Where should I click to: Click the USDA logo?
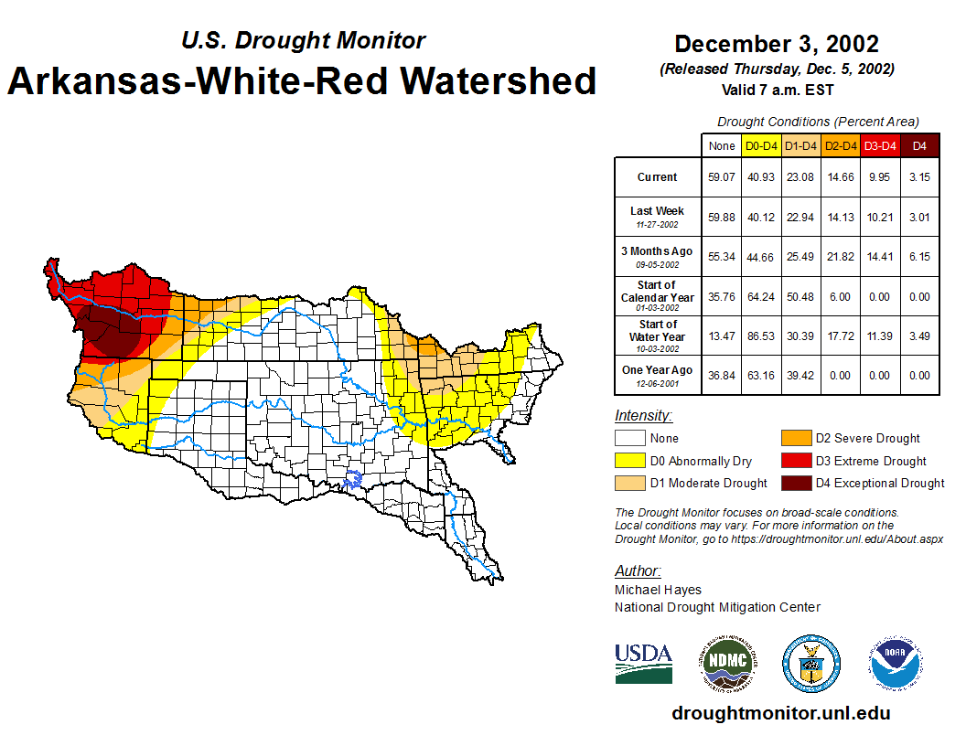point(643,663)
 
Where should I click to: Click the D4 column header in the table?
point(920,145)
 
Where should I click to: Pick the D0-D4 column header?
point(760,145)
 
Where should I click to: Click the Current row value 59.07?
point(722,177)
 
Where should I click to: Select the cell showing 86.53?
point(760,336)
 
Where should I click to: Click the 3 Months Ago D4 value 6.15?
point(920,257)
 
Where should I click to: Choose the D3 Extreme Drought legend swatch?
point(794,461)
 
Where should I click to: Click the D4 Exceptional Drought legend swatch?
point(794,483)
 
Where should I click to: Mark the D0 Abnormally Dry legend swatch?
point(629,461)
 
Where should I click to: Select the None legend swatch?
point(629,439)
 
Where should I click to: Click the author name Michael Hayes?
point(658,590)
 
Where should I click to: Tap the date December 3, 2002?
point(776,44)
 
